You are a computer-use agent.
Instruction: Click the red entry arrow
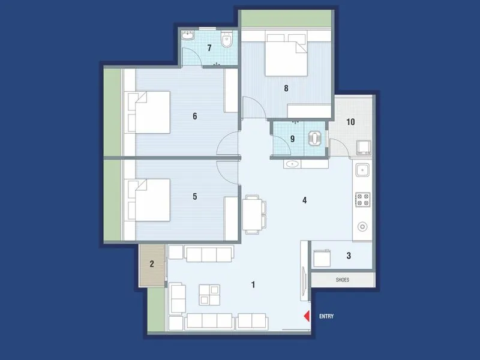[x=306, y=316]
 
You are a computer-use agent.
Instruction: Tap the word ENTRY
[x=326, y=316]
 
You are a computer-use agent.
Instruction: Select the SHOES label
[x=342, y=280]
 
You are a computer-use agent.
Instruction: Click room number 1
[x=253, y=284]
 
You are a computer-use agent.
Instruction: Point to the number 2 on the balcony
[x=152, y=263]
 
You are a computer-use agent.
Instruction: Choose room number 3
[x=349, y=256]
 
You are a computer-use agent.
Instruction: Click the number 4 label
[x=305, y=200]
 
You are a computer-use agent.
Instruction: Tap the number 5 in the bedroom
[x=194, y=196]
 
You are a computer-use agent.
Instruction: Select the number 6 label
[x=194, y=116]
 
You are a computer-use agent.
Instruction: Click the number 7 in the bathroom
[x=209, y=48]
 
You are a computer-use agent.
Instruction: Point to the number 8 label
[x=286, y=89]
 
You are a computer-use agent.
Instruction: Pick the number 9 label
[x=292, y=139]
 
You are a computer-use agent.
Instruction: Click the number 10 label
[x=350, y=122]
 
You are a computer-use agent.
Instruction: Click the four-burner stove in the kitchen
[x=362, y=199]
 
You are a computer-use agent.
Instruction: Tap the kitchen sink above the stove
[x=362, y=170]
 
